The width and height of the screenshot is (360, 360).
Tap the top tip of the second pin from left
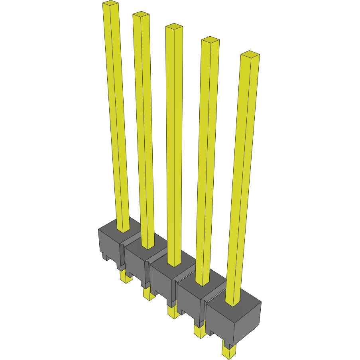click(x=141, y=15)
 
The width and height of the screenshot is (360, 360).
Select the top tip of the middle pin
click(x=174, y=27)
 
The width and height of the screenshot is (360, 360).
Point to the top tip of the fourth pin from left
click(x=210, y=39)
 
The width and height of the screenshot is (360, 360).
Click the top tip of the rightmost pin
click(x=250, y=54)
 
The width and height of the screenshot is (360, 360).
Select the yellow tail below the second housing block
click(x=148, y=294)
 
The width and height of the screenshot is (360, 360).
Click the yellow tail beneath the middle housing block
click(x=173, y=312)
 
